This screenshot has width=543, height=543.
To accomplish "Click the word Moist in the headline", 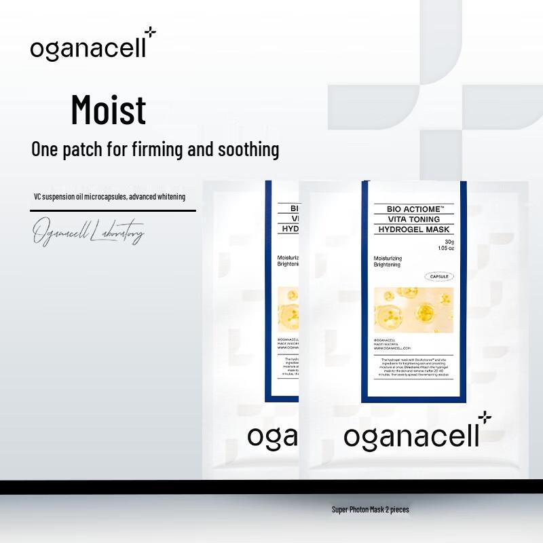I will pos(109,110).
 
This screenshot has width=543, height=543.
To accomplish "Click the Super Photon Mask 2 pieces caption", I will pos(370,509).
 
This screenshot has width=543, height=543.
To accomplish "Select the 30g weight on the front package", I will pos(448,242).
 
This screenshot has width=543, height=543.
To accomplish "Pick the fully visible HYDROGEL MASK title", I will pos(414,230).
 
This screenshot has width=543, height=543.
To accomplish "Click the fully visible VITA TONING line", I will pos(414,219).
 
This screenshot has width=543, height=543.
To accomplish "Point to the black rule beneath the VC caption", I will pos(113,210).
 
